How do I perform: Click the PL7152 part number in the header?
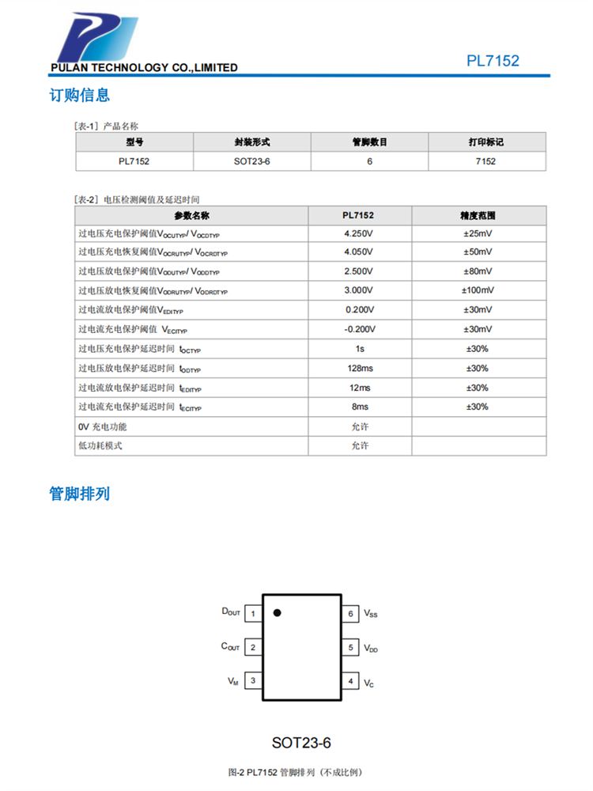pyautogui.click(x=493, y=61)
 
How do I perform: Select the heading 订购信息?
pyautogui.click(x=80, y=96)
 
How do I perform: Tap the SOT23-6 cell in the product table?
pyautogui.click(x=252, y=161)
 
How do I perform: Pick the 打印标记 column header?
pyautogui.click(x=486, y=142)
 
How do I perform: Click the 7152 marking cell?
pyautogui.click(x=486, y=161)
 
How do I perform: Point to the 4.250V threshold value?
pyautogui.click(x=359, y=233)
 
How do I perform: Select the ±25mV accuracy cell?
pyautogui.click(x=478, y=233)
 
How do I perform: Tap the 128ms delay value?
pyautogui.click(x=359, y=369)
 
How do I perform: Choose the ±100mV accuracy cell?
pyautogui.click(x=478, y=291)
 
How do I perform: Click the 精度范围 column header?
pyautogui.click(x=478, y=214)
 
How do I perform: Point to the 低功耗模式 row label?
pyautogui.click(x=100, y=445)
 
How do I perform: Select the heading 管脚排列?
pyautogui.click(x=80, y=494)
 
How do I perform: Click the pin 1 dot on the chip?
pyautogui.click(x=277, y=612)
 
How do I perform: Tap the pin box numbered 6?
pyautogui.click(x=350, y=614)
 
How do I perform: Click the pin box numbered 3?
pyautogui.click(x=252, y=680)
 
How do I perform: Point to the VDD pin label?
pyautogui.click(x=371, y=648)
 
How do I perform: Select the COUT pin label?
pyautogui.click(x=230, y=647)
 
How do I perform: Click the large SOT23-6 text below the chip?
pyautogui.click(x=301, y=743)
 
